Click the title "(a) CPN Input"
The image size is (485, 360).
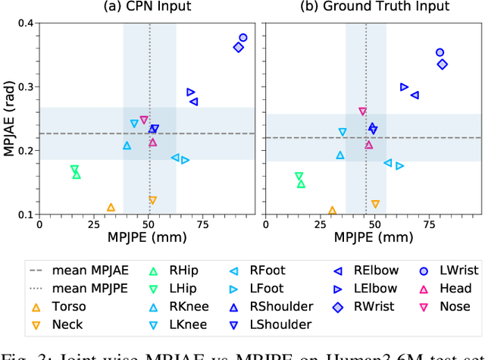(149, 7)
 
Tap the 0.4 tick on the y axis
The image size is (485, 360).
(27, 23)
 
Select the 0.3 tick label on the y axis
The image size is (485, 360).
(27, 86)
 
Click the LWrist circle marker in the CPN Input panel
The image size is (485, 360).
(243, 37)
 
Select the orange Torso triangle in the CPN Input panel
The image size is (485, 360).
(111, 207)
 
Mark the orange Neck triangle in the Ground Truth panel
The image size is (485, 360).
(375, 204)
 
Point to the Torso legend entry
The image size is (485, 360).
(60, 307)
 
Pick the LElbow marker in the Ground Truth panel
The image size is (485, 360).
(404, 87)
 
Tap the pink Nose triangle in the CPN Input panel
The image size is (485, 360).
(144, 121)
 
